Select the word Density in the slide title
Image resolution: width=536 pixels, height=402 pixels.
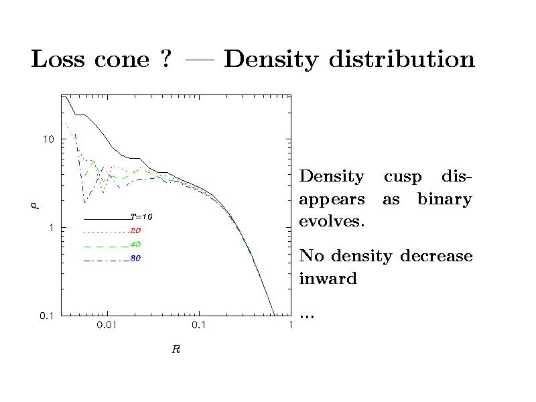271,61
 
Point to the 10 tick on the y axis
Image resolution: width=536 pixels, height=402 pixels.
48,139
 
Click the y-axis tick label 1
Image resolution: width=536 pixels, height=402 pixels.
51,228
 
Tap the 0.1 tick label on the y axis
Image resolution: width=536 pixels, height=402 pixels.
46,316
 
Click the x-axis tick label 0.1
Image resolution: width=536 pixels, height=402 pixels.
198,325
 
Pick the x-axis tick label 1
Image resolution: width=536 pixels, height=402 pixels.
290,325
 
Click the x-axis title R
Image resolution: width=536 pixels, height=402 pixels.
176,350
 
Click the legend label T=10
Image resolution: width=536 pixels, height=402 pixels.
141,216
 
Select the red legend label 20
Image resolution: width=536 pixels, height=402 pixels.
135,230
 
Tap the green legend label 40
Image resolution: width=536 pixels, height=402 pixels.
135,245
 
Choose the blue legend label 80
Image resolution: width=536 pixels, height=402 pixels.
135,259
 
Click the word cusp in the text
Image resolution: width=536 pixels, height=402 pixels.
403,178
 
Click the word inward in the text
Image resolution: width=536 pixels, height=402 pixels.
328,279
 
